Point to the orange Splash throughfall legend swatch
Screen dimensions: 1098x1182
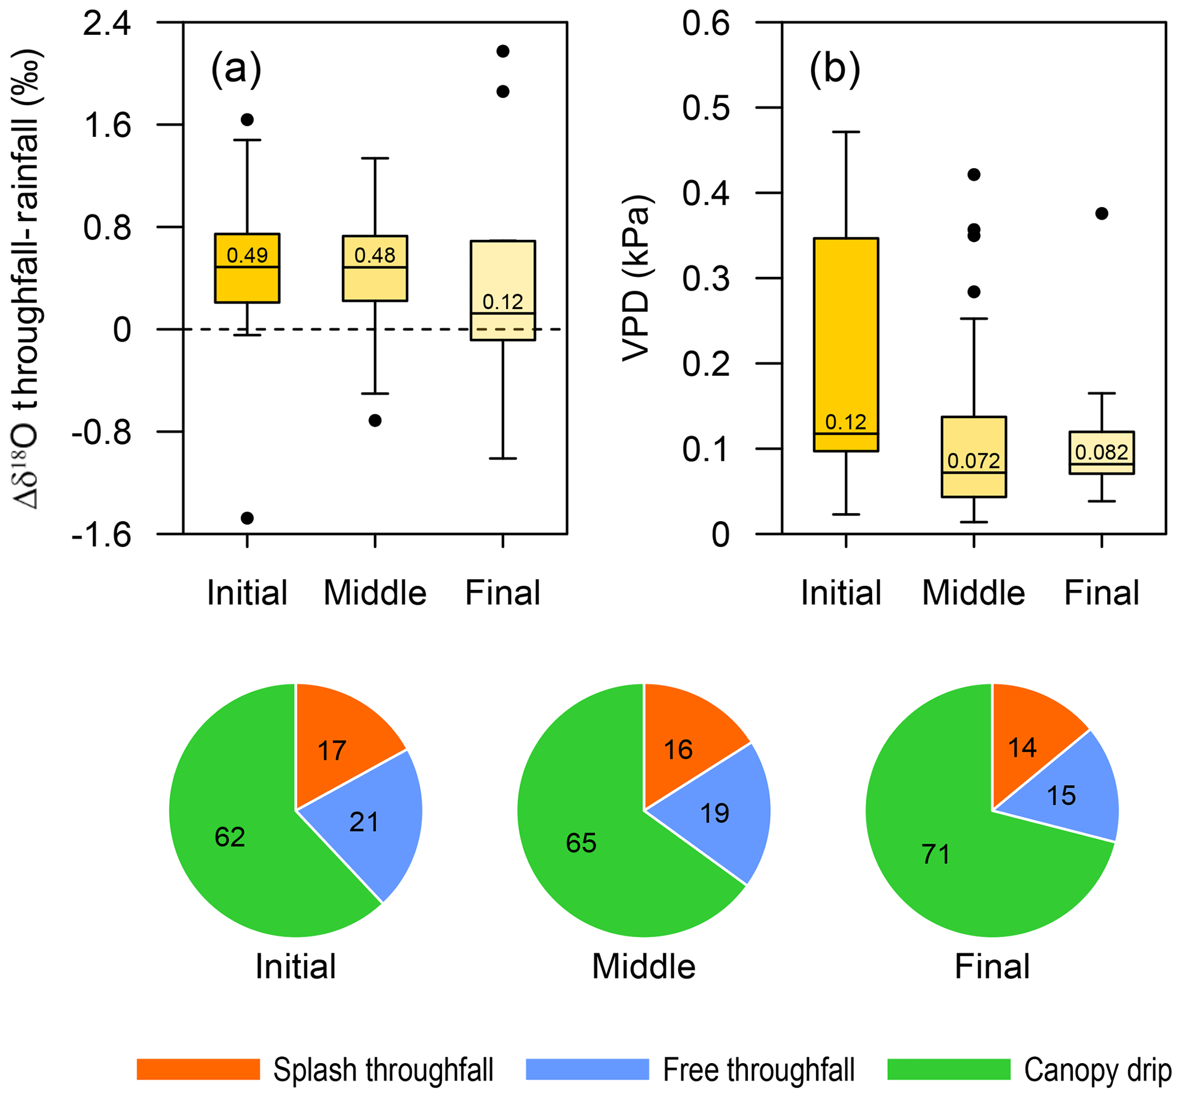tap(198, 1069)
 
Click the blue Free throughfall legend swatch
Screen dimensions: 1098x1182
tap(587, 1069)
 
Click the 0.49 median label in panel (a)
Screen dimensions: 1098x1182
tap(247, 256)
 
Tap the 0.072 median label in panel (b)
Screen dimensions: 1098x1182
tap(974, 461)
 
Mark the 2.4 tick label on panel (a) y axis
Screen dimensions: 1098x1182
tap(107, 25)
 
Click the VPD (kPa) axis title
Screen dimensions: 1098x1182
tap(636, 278)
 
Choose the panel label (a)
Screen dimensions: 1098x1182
tap(236, 69)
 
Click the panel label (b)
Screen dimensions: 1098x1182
tap(834, 69)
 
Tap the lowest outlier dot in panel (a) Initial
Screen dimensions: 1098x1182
tap(247, 518)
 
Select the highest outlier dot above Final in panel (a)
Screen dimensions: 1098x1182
tap(503, 51)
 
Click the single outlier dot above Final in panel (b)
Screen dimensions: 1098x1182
tap(1102, 214)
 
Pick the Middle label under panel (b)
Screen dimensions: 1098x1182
tap(973, 593)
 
